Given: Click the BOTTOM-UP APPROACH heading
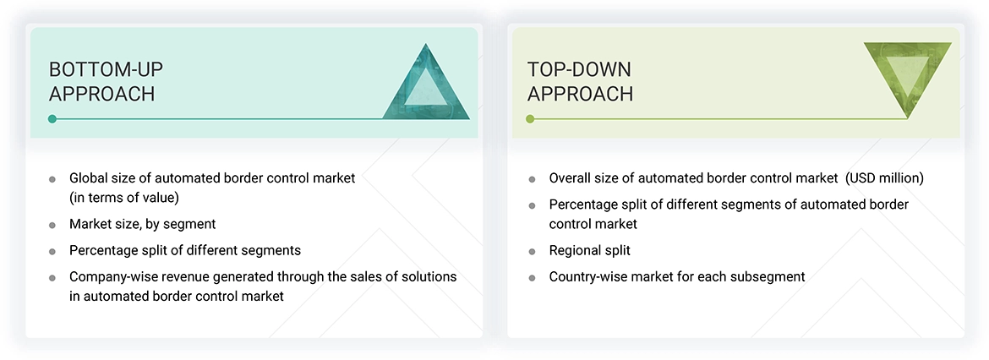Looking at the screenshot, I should pos(102,81).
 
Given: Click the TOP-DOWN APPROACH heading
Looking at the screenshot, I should pos(580,81).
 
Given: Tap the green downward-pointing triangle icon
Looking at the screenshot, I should pos(907,78).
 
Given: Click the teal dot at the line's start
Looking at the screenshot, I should pos(52,119).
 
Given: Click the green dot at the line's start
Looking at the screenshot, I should pos(530,119).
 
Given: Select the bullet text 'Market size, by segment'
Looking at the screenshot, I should pos(143,224).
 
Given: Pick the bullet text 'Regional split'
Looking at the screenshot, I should pos(589,250).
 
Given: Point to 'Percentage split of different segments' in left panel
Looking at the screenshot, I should pos(185,250).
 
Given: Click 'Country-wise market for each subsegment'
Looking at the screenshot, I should pos(676,276).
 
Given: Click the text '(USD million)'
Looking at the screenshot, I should pos(885,178).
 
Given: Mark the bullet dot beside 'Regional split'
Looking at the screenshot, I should pos(532,251).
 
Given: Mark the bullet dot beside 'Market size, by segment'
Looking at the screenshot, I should pos(52,225).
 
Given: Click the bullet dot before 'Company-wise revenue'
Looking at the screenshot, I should pos(52,277).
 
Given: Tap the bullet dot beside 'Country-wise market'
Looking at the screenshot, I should pos(532,277).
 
